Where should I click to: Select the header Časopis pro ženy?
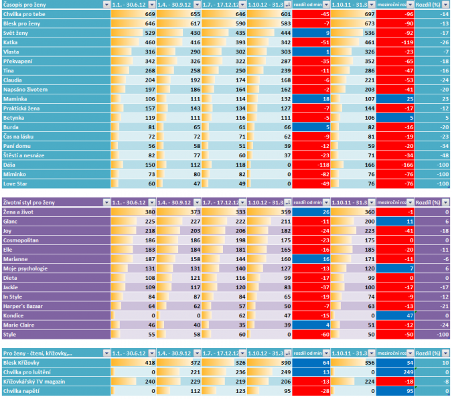(x=24, y=4)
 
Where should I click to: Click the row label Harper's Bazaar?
(x=24, y=305)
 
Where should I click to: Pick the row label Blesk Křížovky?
(x=23, y=363)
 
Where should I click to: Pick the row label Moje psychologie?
(x=26, y=268)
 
